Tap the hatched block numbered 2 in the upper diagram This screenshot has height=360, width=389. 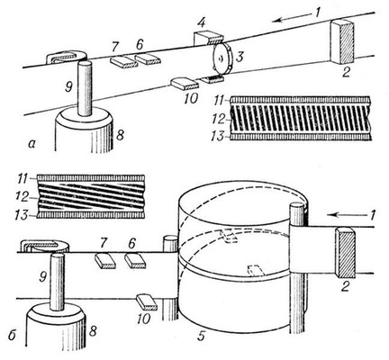[x=342, y=41]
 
